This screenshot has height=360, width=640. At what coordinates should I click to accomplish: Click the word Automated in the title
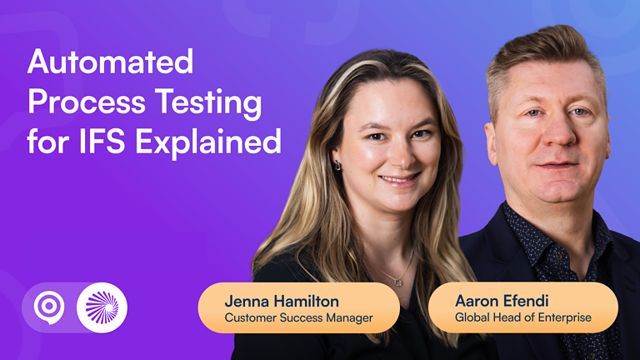tap(110, 62)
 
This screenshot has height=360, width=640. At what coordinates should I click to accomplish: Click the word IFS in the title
tap(103, 142)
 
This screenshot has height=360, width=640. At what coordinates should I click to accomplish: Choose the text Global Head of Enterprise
tap(522, 317)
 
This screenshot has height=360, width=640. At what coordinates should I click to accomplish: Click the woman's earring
tap(337, 165)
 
